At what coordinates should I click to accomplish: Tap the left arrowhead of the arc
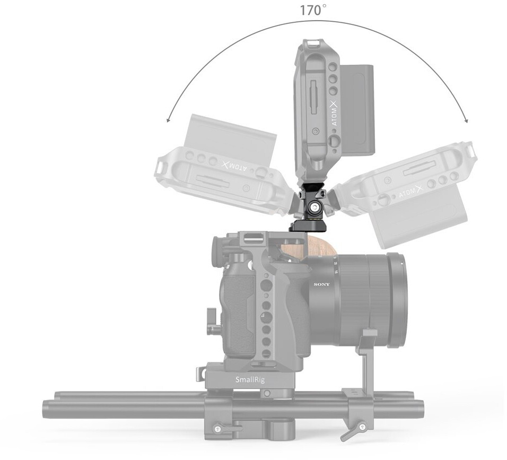click(168, 120)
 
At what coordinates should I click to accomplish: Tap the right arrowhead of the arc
click(466, 120)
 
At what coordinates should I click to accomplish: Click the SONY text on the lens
click(322, 284)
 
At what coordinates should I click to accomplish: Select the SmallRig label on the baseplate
click(250, 379)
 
